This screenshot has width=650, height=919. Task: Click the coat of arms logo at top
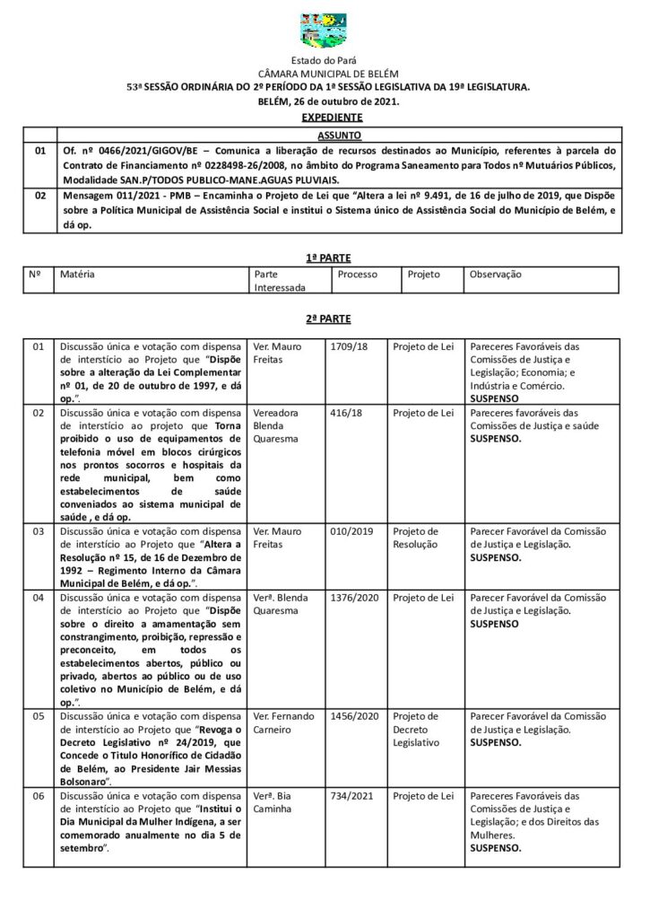coord(324,31)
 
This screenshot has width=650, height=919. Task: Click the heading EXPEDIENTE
coord(332,118)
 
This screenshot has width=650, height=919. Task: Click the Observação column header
coord(495,275)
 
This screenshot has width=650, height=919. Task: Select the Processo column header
coord(358,275)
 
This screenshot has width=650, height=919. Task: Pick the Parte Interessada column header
coord(279,281)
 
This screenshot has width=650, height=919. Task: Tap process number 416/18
coord(346,413)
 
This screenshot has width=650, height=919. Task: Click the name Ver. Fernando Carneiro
coord(284,722)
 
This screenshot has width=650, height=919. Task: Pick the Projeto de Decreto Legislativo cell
coord(416,729)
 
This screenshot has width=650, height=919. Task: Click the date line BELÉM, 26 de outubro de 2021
coord(328,101)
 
